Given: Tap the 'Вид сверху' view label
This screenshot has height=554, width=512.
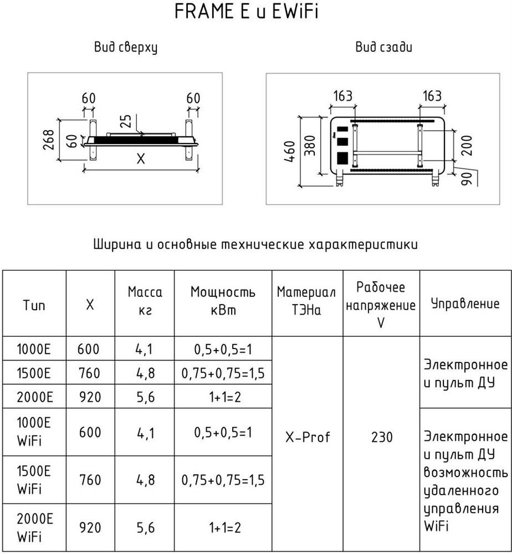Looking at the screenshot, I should [x=125, y=48].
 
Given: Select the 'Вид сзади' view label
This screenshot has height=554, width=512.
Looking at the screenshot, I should [x=383, y=48].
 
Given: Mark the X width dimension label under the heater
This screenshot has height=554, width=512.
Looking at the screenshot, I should [x=140, y=160].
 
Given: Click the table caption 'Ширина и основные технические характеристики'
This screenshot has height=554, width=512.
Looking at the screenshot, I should [x=255, y=244].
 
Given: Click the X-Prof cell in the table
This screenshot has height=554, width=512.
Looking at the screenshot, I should [x=308, y=437].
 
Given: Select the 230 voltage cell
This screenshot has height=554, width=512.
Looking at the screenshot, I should [x=381, y=437].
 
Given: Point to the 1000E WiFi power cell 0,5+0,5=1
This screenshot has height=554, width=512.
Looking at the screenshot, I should [x=223, y=432].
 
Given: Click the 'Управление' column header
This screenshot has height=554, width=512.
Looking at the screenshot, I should [x=465, y=303].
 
